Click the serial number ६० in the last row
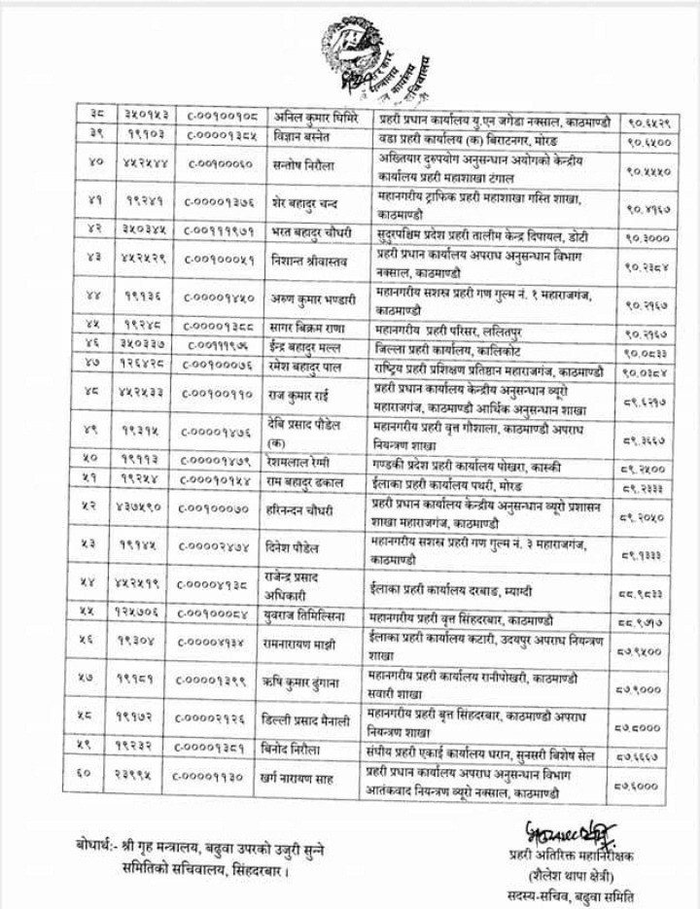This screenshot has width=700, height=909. [x=87, y=777]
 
